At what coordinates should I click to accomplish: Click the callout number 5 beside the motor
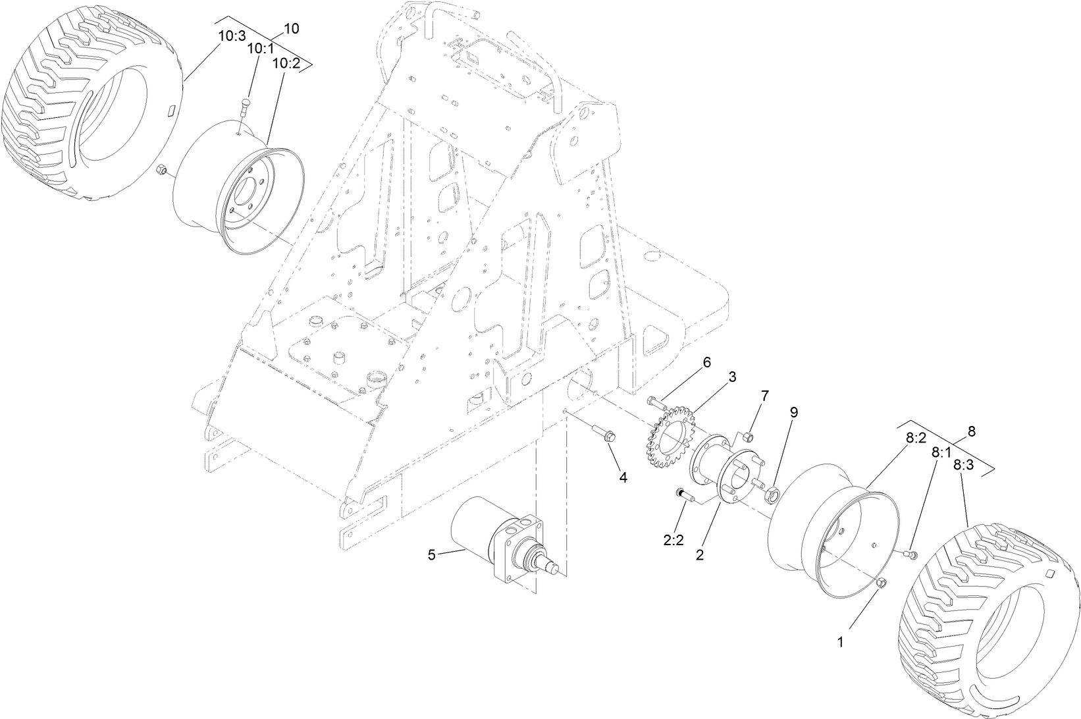pos(431,555)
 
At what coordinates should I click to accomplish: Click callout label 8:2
pos(916,437)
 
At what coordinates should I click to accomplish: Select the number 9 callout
pos(794,412)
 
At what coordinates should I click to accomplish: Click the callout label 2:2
pos(673,540)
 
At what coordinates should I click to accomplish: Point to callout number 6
pos(707,362)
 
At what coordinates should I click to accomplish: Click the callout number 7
pos(764,396)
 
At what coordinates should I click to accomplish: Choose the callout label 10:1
pos(259,49)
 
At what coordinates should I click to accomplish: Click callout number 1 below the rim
pos(840,639)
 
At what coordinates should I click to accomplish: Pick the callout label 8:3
pos(963,465)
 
